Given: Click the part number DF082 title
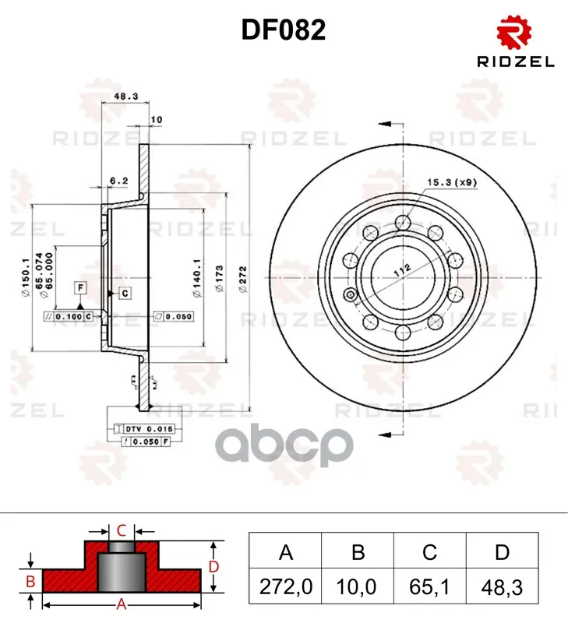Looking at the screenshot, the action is click(x=284, y=30).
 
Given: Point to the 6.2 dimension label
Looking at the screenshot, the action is click(x=118, y=181).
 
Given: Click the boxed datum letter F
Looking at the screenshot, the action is click(x=80, y=289).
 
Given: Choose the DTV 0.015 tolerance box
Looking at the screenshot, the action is click(x=145, y=429).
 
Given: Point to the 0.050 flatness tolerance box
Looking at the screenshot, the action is click(x=173, y=316).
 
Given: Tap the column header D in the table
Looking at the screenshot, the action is click(x=501, y=552).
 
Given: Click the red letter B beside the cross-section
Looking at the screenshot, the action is click(x=30, y=581).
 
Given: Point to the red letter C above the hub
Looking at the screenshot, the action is click(x=122, y=531).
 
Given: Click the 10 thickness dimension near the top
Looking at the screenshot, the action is click(x=156, y=120).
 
